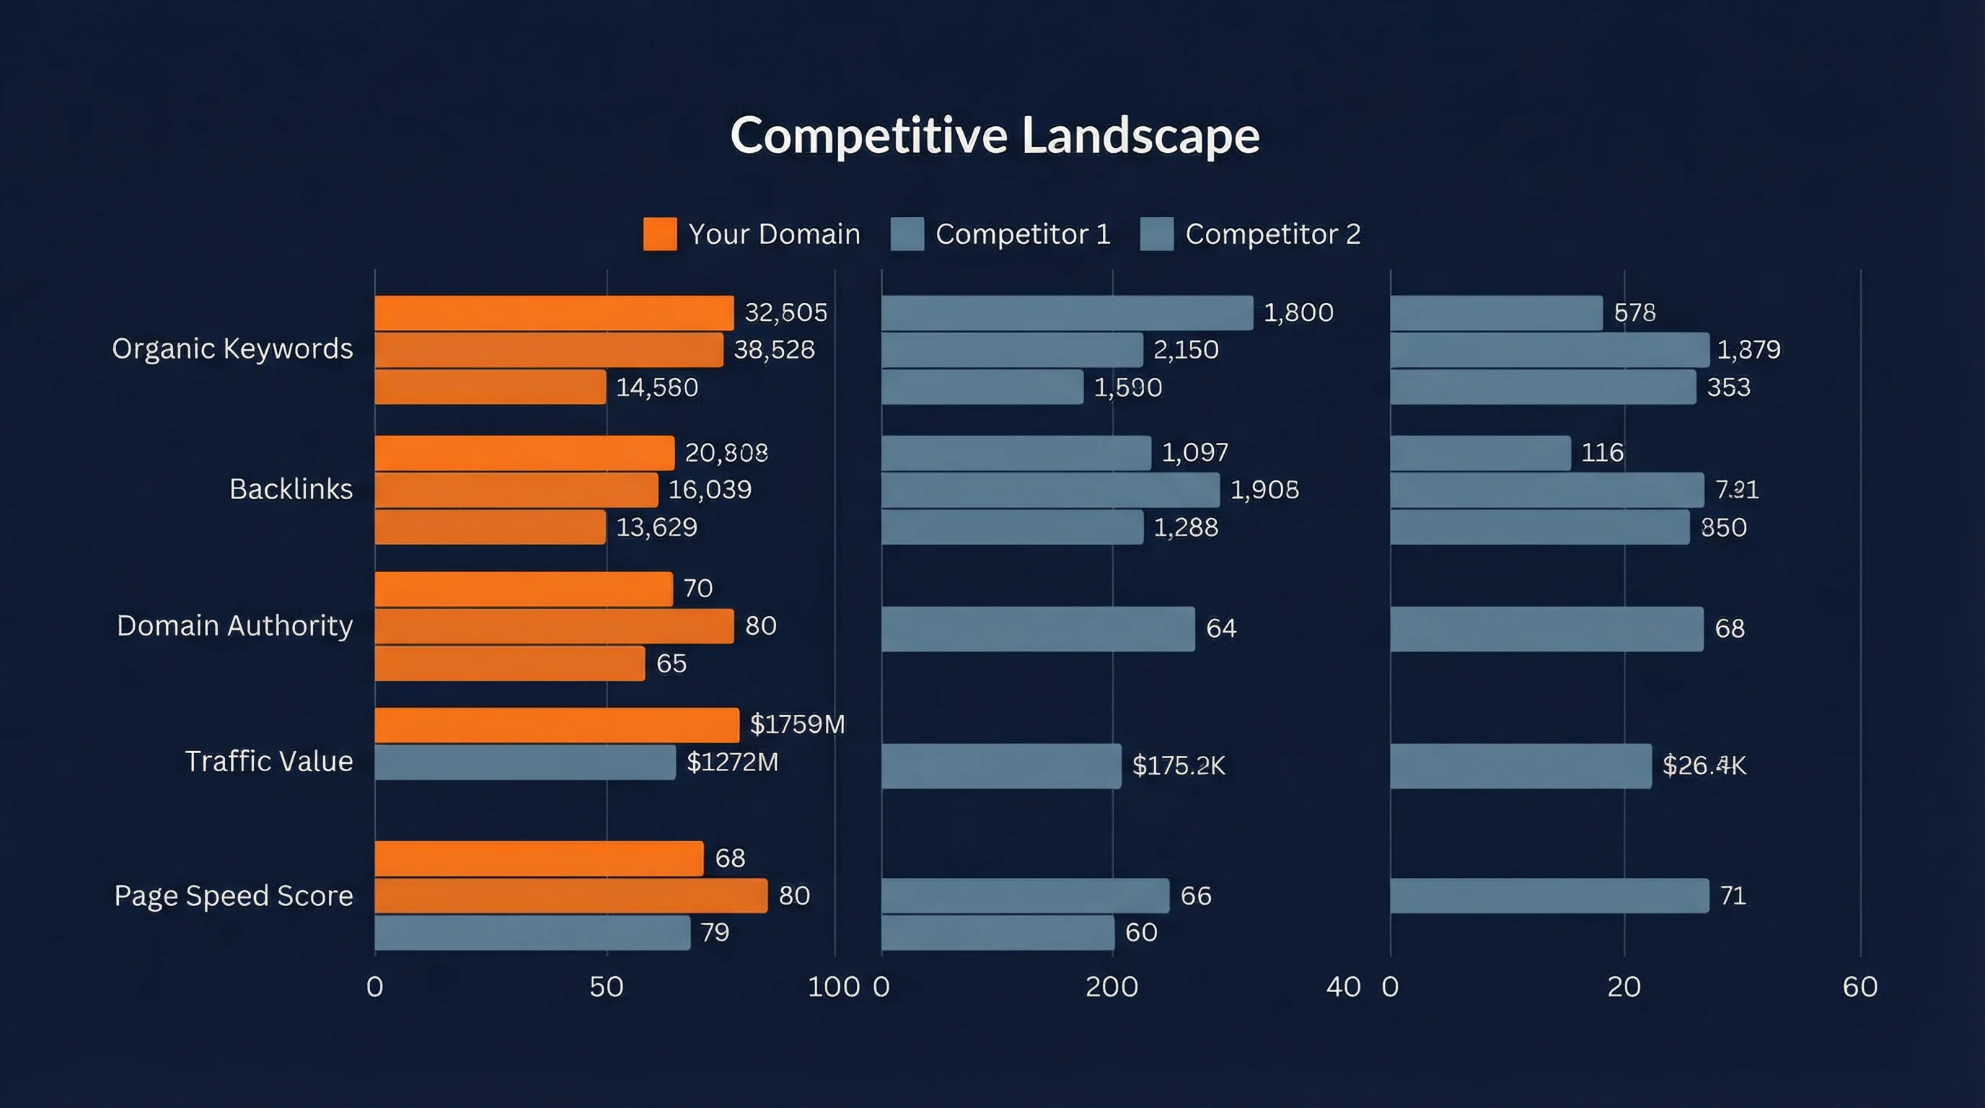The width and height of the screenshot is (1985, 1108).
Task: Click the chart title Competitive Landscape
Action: point(994,136)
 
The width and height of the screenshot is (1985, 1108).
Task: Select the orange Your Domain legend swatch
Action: point(659,234)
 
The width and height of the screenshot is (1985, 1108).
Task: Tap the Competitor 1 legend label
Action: point(1023,234)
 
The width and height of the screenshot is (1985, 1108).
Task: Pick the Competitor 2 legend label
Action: point(1272,234)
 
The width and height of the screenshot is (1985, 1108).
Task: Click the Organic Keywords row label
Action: point(232,348)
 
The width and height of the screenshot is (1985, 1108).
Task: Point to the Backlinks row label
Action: point(291,489)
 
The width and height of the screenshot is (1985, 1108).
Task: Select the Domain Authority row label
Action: point(234,625)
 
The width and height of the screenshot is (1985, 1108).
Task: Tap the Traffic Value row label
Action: point(268,761)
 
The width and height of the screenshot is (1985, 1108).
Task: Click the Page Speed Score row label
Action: point(234,895)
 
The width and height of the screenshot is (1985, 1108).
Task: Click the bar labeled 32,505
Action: point(553,313)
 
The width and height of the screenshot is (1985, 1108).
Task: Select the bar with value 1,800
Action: point(1067,313)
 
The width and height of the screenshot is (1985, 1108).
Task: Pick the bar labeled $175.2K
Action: point(1000,766)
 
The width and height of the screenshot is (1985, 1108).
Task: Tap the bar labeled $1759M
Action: point(556,725)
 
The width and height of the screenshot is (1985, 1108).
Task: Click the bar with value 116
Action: point(1479,453)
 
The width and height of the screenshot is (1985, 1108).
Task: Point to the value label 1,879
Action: point(1748,350)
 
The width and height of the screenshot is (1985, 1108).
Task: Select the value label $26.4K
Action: point(1704,765)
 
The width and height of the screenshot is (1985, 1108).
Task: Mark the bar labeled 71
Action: point(1549,895)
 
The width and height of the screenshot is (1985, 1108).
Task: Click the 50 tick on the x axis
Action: point(607,987)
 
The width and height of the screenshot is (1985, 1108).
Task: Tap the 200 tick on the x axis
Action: point(1112,987)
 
